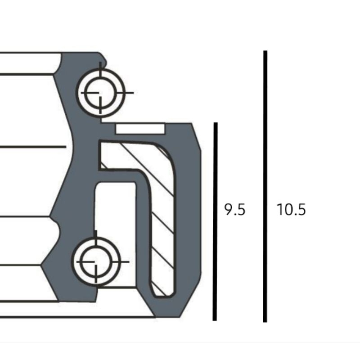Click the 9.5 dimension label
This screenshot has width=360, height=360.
tap(234, 209)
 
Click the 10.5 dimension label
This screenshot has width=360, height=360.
tap(291, 209)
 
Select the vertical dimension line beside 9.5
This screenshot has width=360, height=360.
tap(215, 221)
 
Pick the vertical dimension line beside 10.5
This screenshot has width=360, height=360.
tap(265, 186)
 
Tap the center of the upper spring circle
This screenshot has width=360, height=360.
tap(100, 93)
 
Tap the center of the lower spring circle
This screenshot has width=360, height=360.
tap(96, 262)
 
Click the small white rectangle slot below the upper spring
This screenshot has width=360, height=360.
tap(140, 129)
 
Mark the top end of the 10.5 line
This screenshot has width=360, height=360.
tap(265, 51)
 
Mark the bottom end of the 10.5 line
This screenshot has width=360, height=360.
tap(265, 322)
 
